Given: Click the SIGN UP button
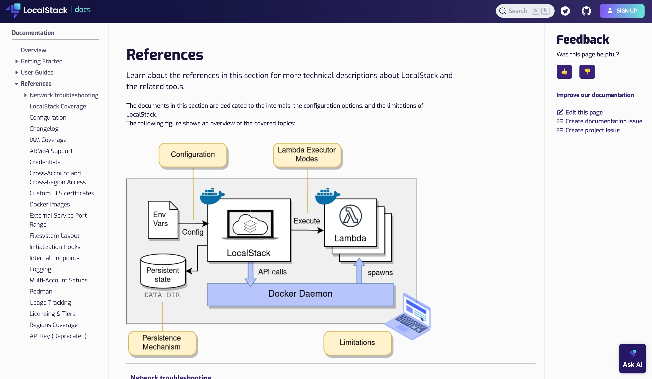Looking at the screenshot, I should pyautogui.click(x=622, y=11).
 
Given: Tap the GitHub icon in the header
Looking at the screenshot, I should pyautogui.click(x=586, y=11).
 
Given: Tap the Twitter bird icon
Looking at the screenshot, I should pyautogui.click(x=565, y=11).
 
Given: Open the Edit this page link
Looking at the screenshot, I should pyautogui.click(x=584, y=112).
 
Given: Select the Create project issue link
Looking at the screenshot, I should pyautogui.click(x=592, y=130).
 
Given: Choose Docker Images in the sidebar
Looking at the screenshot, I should pyautogui.click(x=50, y=204).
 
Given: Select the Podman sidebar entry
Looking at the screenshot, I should pyautogui.click(x=41, y=291).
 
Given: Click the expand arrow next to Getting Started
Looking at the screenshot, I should pyautogui.click(x=17, y=61).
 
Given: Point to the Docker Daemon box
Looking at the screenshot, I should pyautogui.click(x=300, y=294).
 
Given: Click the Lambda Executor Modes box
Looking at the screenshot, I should pyautogui.click(x=307, y=154).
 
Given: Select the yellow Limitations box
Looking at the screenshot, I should pyautogui.click(x=357, y=343).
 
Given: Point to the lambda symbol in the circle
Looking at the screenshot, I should pyautogui.click(x=350, y=216).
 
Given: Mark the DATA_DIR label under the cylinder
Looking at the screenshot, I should pyautogui.click(x=162, y=295).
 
